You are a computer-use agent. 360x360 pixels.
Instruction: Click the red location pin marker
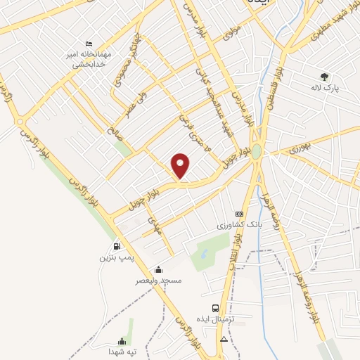pyautogui.click(x=181, y=165)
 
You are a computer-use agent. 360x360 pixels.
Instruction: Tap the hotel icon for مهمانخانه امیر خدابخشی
pyautogui.click(x=89, y=44)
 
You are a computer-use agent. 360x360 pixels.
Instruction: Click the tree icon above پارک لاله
pyautogui.click(x=324, y=77)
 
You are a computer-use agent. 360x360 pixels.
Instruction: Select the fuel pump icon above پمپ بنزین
pyautogui.click(x=117, y=247)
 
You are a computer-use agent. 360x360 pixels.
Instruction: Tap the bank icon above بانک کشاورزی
pyautogui.click(x=239, y=214)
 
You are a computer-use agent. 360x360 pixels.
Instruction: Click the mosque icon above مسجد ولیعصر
pyautogui.click(x=159, y=269)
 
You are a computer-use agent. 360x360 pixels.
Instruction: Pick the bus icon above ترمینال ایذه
pyautogui.click(x=215, y=307)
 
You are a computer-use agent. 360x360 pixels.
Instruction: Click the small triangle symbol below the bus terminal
pyautogui.click(x=224, y=339)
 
